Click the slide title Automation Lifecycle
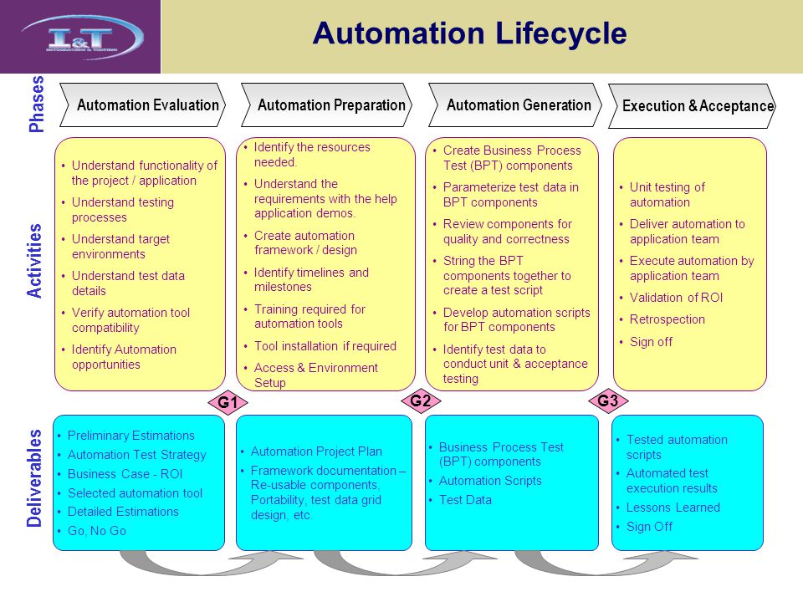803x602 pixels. [x=469, y=34]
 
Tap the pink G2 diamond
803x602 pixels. [x=420, y=401]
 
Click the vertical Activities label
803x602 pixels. [x=35, y=261]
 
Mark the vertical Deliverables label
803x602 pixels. [x=35, y=478]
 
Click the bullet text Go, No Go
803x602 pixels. [x=96, y=531]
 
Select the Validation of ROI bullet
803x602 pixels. [x=676, y=298]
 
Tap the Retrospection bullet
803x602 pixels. [x=667, y=319]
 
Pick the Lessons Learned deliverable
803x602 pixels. [x=673, y=508]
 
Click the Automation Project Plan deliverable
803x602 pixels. [x=316, y=451]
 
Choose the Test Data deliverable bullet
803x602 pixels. [x=465, y=500]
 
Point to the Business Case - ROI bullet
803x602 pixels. [x=125, y=474]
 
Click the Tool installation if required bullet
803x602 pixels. [x=325, y=346]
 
